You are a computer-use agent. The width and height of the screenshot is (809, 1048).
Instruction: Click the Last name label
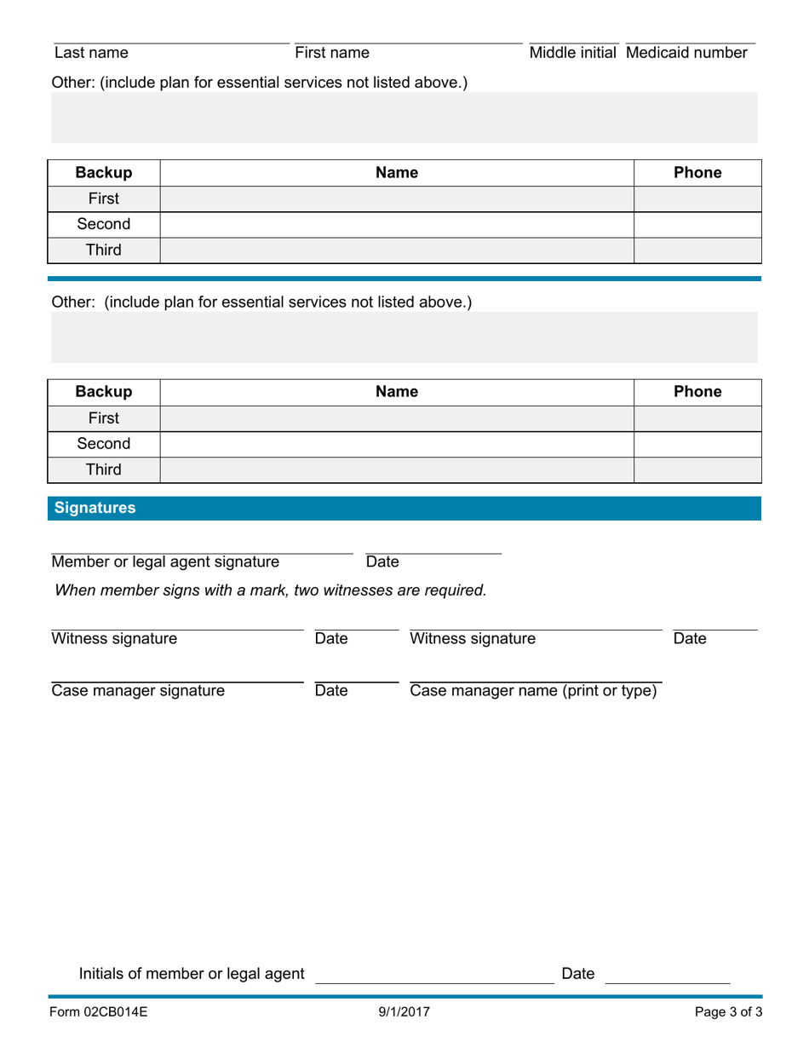tap(91, 53)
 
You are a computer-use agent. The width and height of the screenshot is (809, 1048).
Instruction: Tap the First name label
tap(332, 53)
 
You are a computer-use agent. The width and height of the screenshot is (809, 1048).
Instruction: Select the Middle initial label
tap(572, 53)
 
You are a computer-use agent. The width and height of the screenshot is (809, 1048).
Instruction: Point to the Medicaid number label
tap(686, 53)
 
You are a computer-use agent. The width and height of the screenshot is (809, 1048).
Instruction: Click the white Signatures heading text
tap(95, 508)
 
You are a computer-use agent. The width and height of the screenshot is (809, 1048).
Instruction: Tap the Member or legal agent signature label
tap(165, 562)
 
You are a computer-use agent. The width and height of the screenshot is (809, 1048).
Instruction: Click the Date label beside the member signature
tap(382, 562)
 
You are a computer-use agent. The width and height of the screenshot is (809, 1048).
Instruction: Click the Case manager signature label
tap(138, 691)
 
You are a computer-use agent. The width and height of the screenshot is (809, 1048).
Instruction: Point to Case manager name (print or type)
tap(533, 691)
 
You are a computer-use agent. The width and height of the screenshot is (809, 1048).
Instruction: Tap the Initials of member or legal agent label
tap(192, 974)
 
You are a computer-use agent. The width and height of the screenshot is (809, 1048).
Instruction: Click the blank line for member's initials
tap(434, 980)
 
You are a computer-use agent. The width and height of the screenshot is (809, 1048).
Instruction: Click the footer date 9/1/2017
tap(404, 1013)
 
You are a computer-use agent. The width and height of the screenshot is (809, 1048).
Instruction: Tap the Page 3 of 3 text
tap(728, 1013)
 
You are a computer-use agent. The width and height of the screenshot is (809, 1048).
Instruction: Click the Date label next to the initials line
tap(578, 974)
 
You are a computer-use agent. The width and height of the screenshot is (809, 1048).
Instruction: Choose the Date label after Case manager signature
tap(331, 691)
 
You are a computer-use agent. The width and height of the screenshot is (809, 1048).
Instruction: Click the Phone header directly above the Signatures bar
tap(697, 392)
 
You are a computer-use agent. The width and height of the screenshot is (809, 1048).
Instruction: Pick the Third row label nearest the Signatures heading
tap(104, 469)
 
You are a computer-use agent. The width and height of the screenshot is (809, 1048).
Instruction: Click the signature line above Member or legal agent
tap(202, 553)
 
